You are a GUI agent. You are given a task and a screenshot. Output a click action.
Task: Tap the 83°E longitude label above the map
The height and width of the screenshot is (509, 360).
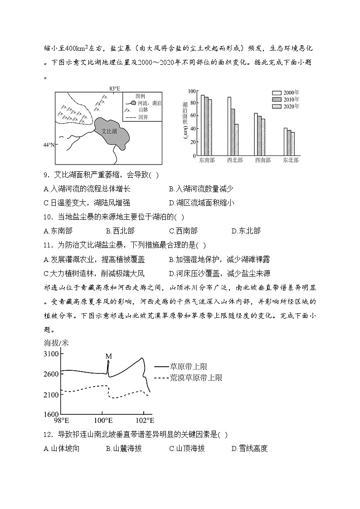114,88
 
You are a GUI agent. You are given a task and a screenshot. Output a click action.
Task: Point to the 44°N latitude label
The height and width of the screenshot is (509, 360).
49,145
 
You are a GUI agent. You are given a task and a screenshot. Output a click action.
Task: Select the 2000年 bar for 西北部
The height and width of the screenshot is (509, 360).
229,126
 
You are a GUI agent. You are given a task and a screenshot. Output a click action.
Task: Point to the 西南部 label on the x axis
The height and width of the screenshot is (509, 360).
262,160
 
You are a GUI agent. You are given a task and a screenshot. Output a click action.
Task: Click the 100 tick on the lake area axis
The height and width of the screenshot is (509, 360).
191,91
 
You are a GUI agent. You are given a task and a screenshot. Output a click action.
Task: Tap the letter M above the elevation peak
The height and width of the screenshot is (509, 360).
108,356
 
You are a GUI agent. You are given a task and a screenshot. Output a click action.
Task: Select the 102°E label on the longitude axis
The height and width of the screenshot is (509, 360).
144,420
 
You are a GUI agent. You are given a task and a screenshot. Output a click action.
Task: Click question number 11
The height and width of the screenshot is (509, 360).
49,245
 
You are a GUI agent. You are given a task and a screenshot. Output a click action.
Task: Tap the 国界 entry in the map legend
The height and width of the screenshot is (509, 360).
143,117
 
